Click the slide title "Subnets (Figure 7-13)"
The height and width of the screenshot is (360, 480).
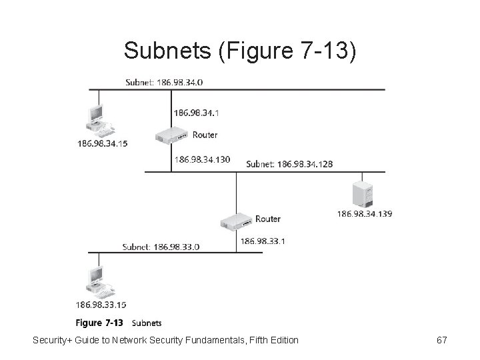[240, 50]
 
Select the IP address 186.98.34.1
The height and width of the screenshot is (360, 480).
[196, 113]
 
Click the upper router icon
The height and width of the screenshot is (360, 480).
[172, 136]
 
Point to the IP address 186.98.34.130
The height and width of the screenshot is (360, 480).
[201, 159]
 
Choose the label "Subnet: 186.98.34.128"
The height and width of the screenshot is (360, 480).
[290, 164]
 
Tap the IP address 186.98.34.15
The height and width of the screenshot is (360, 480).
[103, 143]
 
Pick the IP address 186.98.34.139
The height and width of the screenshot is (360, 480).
[365, 213]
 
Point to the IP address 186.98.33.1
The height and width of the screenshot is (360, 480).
[262, 241]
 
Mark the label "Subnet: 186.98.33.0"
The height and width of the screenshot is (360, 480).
[161, 247]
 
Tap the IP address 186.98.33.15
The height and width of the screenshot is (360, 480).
[102, 305]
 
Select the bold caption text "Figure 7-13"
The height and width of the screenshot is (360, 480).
[99, 323]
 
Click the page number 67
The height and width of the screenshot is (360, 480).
[441, 341]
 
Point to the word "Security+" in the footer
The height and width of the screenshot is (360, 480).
[55, 341]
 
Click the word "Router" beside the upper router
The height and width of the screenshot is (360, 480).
[205, 135]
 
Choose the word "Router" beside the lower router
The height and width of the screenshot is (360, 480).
[268, 219]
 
